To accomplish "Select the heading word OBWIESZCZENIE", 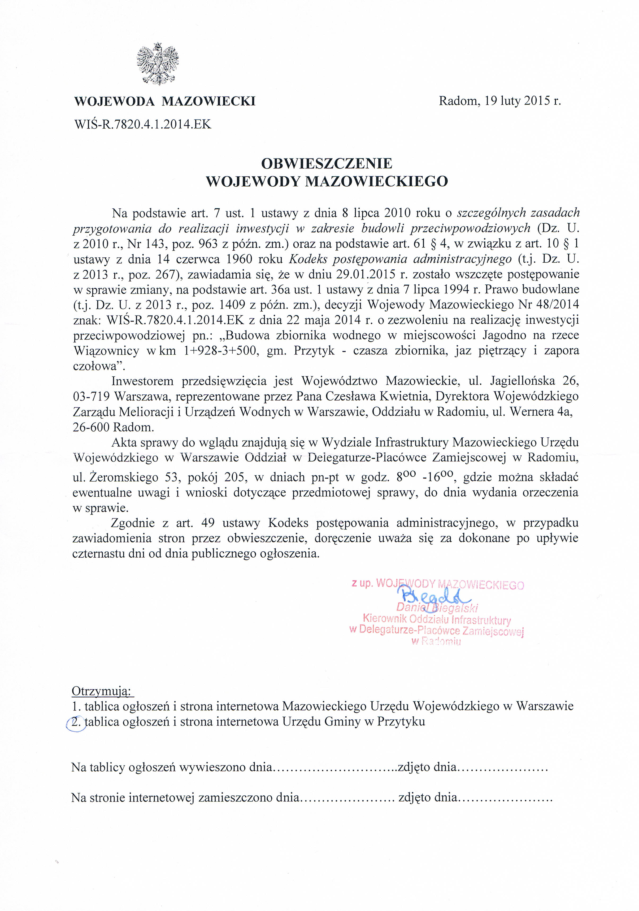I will pos(327,163).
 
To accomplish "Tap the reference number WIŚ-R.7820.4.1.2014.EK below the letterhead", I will pos(142,125).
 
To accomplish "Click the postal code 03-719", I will pos(91,396).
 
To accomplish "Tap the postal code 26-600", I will pos(91,427).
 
